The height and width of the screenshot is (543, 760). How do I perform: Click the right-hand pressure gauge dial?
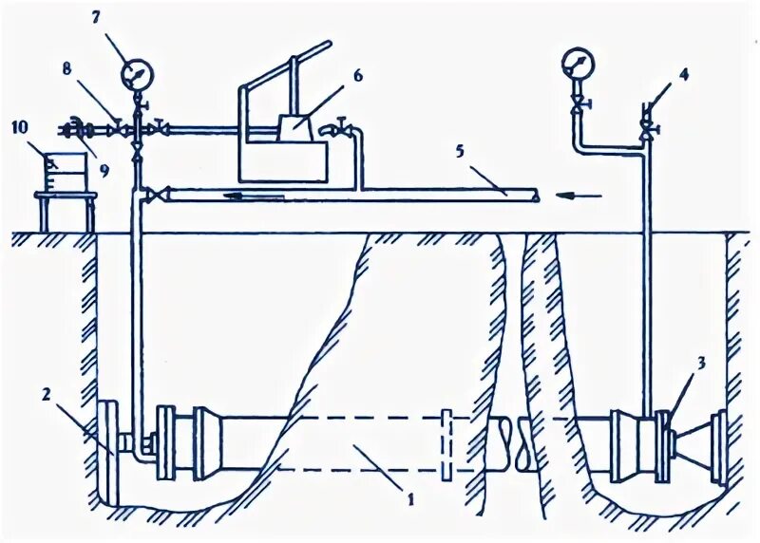coord(576,63)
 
